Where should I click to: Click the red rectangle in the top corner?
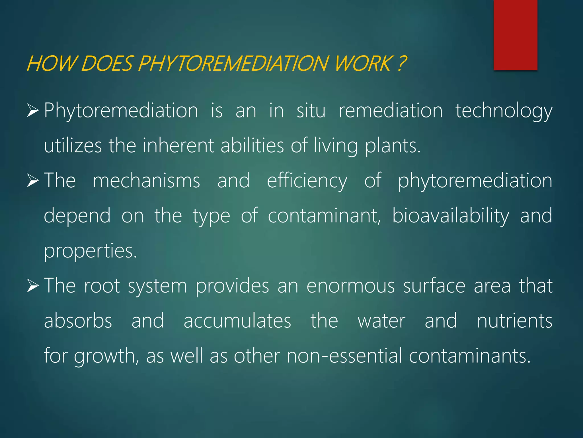[515, 35]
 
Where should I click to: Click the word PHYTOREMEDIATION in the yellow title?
[234, 63]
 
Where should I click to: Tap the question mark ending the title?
[401, 63]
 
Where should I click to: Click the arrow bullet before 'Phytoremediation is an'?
[33, 111]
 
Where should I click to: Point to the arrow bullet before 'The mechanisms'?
[33, 181]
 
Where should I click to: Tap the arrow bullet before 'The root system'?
[33, 286]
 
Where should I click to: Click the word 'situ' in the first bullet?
[311, 111]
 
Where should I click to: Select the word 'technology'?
[504, 111]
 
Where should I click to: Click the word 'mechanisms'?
[146, 181]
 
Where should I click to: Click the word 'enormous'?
[350, 286]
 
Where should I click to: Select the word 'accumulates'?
[237, 321]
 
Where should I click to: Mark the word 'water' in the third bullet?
[381, 321]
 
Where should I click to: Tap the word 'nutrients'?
[514, 321]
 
